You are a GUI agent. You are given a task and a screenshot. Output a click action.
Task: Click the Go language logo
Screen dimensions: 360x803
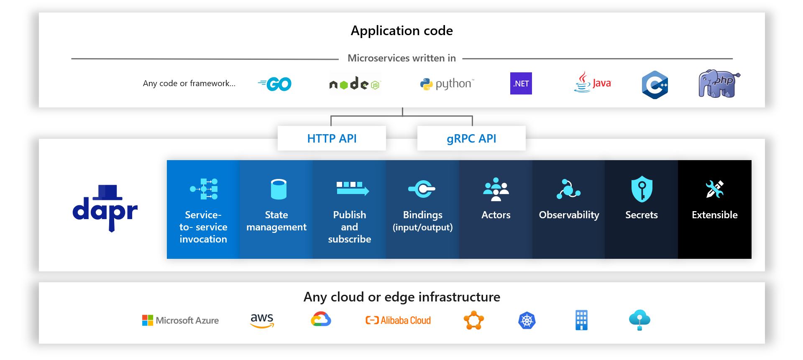click(x=275, y=84)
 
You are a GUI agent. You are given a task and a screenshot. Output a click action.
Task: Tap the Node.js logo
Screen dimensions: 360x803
click(x=355, y=84)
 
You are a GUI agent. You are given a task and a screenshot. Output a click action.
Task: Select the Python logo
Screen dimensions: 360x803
click(x=447, y=84)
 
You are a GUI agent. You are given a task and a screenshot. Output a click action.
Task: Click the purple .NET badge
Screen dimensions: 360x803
click(x=521, y=84)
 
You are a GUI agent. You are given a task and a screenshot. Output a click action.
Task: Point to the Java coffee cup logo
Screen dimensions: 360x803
click(x=592, y=82)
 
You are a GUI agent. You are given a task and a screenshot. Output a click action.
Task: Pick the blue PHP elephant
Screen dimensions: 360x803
click(x=719, y=84)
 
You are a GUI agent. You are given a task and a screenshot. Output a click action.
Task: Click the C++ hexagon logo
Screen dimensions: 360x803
click(x=655, y=84)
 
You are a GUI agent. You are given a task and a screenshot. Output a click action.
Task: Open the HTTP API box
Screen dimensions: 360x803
click(x=332, y=138)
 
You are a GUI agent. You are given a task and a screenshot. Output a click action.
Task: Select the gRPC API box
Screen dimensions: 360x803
click(x=471, y=138)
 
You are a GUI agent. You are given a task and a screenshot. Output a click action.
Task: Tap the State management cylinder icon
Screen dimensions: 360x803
click(x=279, y=189)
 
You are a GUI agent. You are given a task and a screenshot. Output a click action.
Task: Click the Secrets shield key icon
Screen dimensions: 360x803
click(x=642, y=189)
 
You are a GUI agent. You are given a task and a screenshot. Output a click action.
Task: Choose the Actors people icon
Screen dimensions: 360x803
click(x=496, y=189)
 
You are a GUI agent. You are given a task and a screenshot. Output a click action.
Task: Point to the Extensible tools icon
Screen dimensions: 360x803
click(x=714, y=189)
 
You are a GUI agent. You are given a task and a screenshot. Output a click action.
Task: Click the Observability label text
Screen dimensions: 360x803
click(x=569, y=215)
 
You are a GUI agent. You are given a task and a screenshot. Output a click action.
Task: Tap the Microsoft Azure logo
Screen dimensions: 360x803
click(x=180, y=320)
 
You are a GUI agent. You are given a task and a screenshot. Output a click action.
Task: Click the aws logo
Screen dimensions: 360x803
click(x=262, y=320)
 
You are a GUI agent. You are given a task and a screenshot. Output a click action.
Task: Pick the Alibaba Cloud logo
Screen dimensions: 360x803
click(x=398, y=320)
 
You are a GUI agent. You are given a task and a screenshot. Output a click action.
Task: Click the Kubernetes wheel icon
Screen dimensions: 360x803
click(x=527, y=321)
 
